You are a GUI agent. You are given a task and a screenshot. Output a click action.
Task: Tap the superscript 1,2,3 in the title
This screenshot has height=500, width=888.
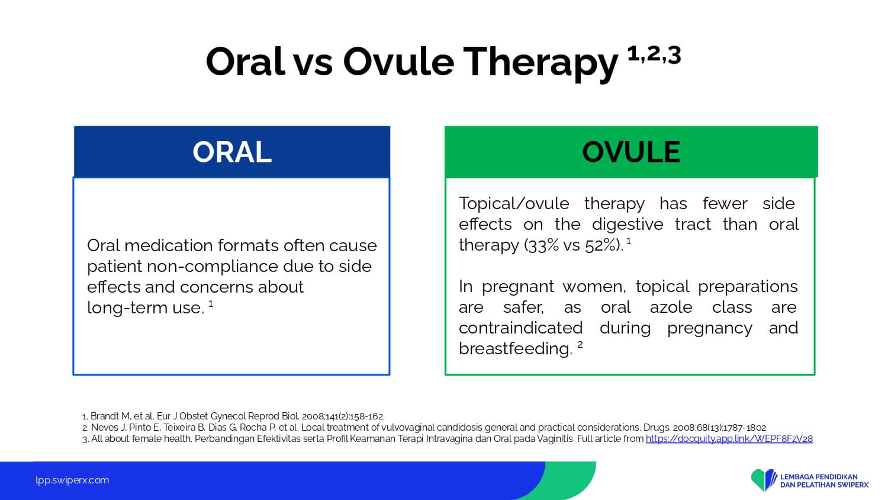[x=654, y=55]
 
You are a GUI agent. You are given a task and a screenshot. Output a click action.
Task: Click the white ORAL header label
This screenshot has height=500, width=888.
[x=232, y=152]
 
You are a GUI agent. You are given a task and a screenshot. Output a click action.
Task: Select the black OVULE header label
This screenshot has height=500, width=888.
[x=630, y=152]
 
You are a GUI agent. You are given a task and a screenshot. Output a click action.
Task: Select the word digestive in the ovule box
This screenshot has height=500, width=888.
[x=628, y=224]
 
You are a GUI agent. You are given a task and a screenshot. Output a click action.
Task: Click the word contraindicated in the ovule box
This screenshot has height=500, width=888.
[x=520, y=328]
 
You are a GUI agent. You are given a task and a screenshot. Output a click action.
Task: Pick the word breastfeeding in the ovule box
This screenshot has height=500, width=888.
[x=516, y=349]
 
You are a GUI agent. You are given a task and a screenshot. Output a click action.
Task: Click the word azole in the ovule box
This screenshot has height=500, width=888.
[x=671, y=307]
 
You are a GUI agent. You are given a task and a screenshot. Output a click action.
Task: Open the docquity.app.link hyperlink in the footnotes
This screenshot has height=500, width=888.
[x=729, y=439]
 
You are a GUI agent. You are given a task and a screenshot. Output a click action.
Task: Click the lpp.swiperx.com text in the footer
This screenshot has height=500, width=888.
[x=72, y=480]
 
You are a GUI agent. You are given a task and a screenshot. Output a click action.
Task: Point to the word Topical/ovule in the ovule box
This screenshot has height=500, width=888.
[x=514, y=204]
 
